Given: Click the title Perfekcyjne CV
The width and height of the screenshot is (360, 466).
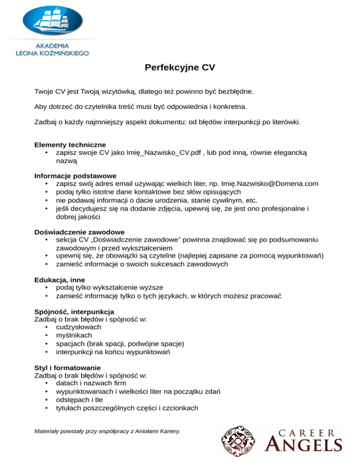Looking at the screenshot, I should coord(180,68).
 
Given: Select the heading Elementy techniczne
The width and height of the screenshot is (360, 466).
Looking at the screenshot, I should coord(70,144).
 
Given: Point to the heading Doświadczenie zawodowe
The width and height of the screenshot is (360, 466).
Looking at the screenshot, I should coord(79,232).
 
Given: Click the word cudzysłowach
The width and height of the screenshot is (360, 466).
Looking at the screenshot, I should coord(78,327).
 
